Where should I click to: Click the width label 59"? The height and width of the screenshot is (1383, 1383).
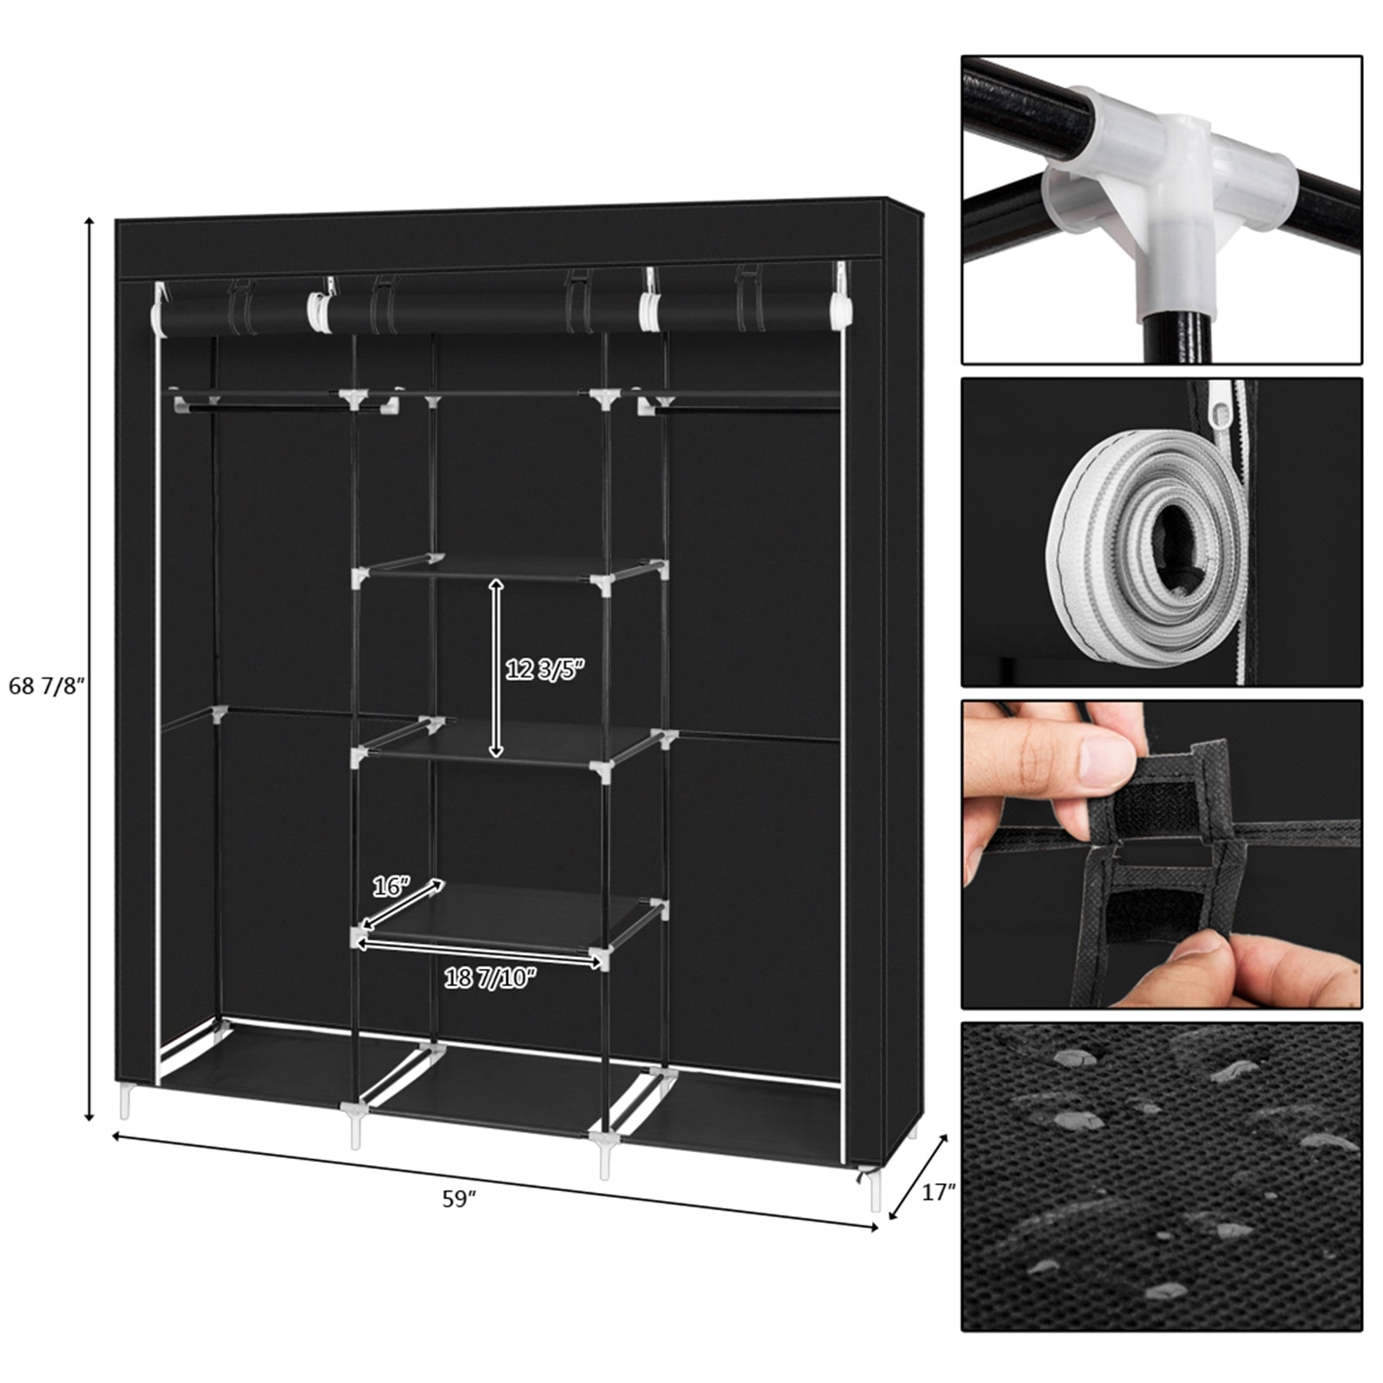pos(460,1199)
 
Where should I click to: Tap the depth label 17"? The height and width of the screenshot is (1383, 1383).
pos(939,1192)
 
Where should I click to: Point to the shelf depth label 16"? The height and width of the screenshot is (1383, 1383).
pos(390,886)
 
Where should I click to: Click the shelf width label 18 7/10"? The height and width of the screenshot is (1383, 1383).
pos(490,978)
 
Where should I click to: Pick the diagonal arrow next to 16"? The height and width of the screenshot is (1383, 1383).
pos(402,903)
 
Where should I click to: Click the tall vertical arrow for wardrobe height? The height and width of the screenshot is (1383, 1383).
pos(89,670)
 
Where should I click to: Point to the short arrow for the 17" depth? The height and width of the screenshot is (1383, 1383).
pos(919,1176)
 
